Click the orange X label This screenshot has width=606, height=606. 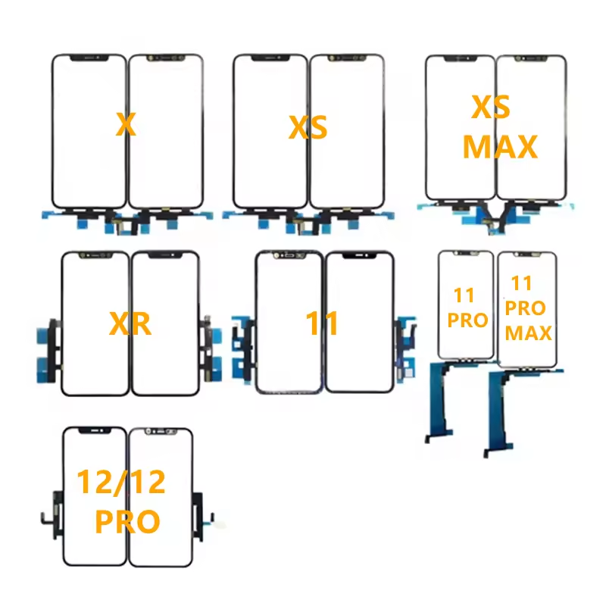[x=126, y=124]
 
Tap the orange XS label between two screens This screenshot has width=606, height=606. [x=308, y=127]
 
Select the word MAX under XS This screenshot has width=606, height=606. [x=500, y=146]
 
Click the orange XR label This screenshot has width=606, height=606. [x=130, y=323]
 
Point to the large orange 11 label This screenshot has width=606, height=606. [x=322, y=323]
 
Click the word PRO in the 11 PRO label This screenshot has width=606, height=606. [x=467, y=320]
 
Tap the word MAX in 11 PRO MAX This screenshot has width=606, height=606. [x=528, y=333]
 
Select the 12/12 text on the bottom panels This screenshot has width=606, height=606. [x=121, y=482]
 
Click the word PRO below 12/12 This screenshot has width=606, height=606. [x=127, y=521]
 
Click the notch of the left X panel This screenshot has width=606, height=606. [x=89, y=58]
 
